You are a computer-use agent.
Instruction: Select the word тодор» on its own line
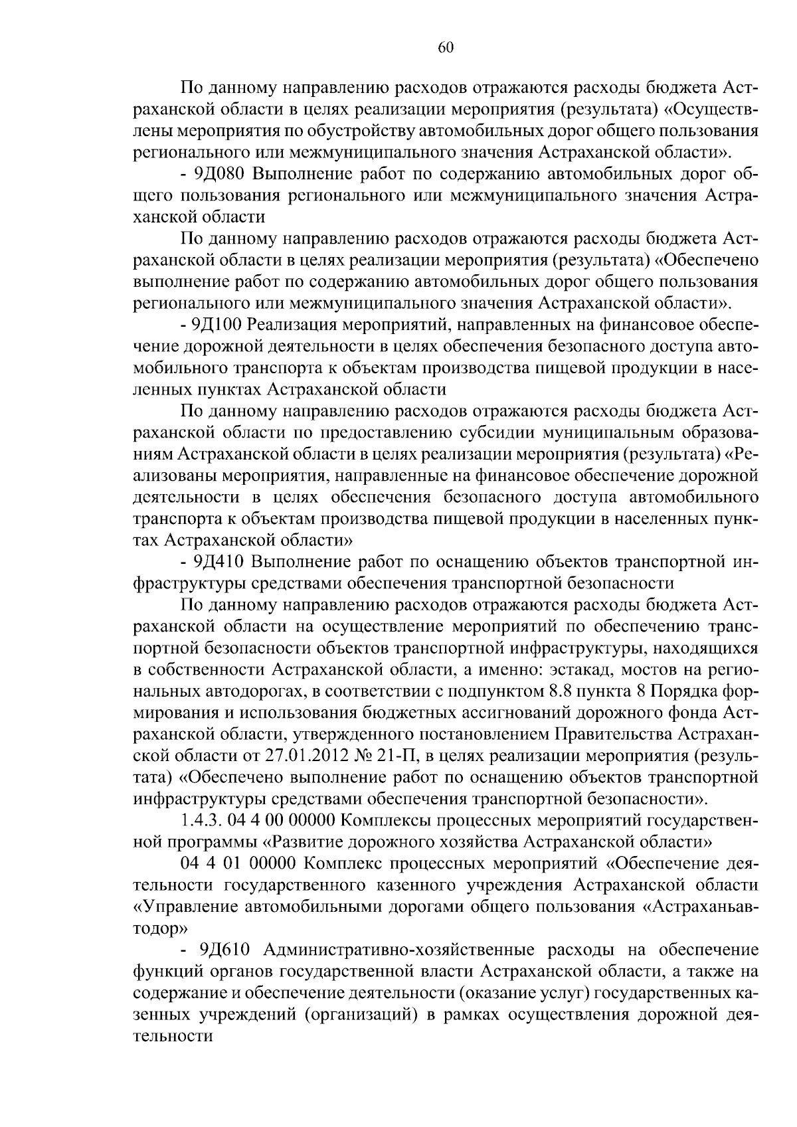[161, 928]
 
